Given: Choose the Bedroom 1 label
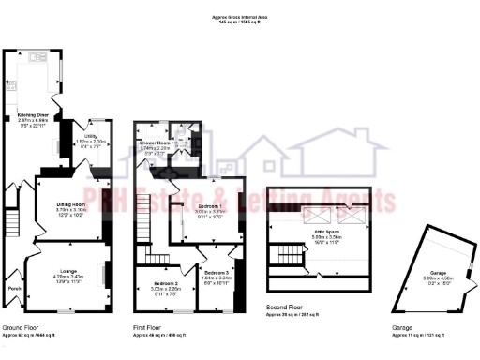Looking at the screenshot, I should click(210, 206).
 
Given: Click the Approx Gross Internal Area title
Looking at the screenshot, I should click(240, 16).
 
